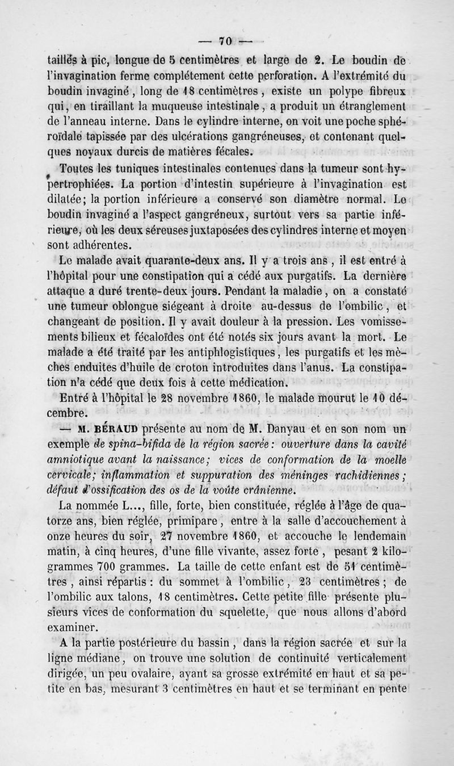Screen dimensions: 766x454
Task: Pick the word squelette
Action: (232, 611)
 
